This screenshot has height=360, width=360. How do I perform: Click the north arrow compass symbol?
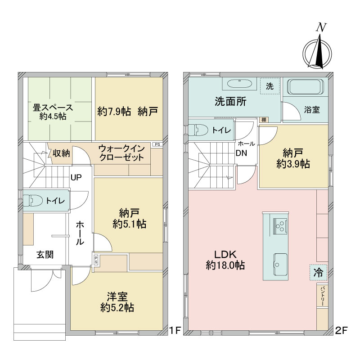tap(317, 51)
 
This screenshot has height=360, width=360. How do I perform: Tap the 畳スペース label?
tap(53, 108)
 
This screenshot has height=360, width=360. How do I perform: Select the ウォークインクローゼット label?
tap(121, 153)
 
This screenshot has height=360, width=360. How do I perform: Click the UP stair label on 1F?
tap(76, 177)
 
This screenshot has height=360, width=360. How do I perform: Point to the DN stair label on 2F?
tap(241, 153)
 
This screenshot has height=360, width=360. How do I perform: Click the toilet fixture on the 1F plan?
tap(33, 200)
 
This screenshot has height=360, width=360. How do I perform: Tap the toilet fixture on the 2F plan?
tap(198, 130)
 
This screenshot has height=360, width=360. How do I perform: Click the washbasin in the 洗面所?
tap(239, 84)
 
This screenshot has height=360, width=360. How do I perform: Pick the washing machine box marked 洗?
tap(270, 86)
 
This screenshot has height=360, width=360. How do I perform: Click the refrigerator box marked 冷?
tap(319, 273)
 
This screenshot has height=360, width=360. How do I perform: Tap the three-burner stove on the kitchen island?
tap(280, 226)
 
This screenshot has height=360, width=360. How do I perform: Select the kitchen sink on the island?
tap(280, 265)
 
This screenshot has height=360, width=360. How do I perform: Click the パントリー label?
tap(322, 296)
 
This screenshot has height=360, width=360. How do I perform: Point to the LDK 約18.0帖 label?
tap(225, 260)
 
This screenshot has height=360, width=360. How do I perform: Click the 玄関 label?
tap(45, 255)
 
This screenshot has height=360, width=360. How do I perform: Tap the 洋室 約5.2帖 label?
tap(117, 302)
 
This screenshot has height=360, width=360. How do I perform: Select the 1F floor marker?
tap(175, 331)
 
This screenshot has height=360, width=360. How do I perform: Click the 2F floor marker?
tap(342, 331)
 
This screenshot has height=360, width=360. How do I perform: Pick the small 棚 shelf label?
tap(264, 120)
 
